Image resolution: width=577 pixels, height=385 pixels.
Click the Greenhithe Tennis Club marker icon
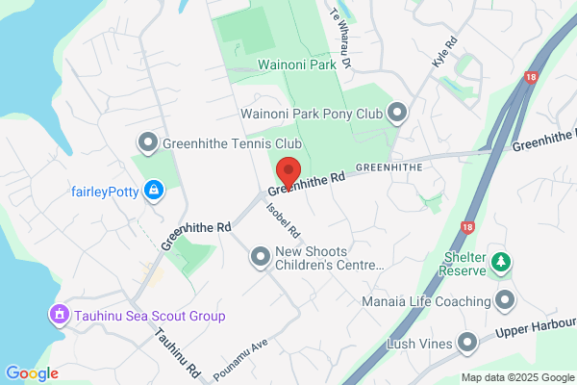(147, 144)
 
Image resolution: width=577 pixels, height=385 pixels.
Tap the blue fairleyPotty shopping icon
(153, 191)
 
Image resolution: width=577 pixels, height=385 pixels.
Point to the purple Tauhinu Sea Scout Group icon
(60, 315)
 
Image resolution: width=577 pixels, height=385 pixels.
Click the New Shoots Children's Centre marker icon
(260, 256)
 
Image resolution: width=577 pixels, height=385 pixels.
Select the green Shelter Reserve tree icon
(500, 261)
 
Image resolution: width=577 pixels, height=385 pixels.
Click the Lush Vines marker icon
(467, 343)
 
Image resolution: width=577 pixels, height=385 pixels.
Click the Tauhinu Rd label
(180, 351)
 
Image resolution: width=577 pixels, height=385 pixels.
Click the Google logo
(32, 373)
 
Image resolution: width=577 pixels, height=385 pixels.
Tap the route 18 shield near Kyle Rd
(531, 76)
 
